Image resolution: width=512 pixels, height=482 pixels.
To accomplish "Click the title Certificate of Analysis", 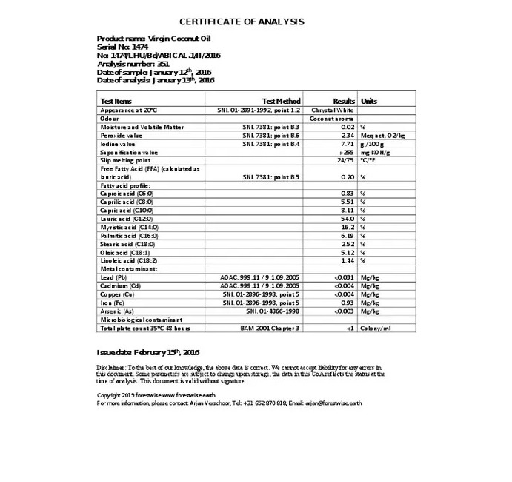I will (242, 22).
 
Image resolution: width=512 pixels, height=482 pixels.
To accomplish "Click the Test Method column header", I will (282, 101).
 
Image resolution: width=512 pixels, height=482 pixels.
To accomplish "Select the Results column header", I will (344, 101).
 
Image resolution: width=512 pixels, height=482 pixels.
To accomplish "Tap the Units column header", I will (369, 101).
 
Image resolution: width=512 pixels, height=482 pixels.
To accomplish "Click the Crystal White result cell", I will (333, 110).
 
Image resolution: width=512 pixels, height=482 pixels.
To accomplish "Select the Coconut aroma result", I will (331, 119).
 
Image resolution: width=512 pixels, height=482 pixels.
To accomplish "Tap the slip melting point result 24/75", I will (345, 160).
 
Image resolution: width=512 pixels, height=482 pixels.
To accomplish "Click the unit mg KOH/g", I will (376, 152).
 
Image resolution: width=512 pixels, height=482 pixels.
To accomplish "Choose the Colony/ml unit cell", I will (376, 328).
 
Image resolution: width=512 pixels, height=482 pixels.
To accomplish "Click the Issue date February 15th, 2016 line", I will (148, 351).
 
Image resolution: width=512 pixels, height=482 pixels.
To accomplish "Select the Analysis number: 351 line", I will (127, 64).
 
